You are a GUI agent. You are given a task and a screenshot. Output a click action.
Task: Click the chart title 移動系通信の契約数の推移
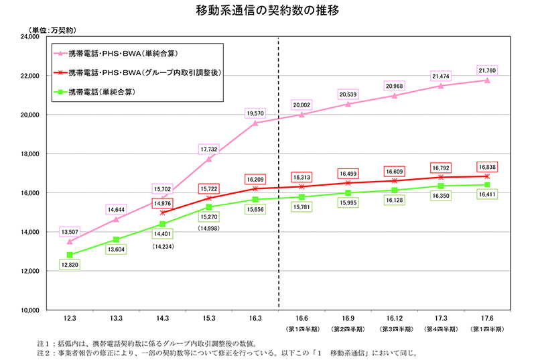267,12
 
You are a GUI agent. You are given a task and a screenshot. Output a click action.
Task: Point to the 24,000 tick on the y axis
29,37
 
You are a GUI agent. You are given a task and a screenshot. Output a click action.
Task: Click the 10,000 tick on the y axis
29,310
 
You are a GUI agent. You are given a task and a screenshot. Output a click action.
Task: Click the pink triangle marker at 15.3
209,159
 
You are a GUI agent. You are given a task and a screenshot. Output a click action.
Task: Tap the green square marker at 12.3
70,255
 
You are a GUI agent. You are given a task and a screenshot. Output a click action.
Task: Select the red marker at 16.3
255,188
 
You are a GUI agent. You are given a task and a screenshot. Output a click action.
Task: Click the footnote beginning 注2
228,353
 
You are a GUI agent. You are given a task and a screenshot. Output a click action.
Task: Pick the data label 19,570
255,113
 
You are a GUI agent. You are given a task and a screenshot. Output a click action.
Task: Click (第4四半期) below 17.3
441,329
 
